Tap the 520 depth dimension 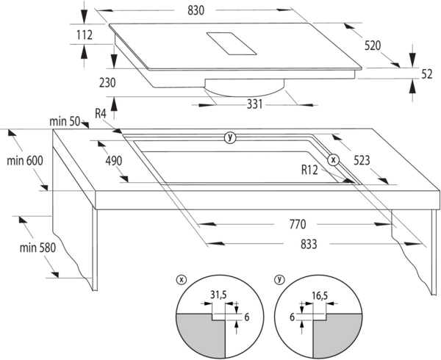373,46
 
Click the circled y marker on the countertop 230,137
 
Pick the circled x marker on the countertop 332,159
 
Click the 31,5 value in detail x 218,297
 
